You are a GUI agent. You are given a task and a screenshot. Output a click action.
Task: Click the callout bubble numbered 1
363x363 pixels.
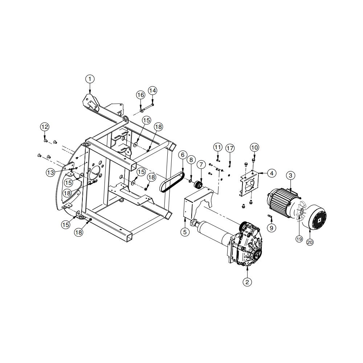coord(90,79)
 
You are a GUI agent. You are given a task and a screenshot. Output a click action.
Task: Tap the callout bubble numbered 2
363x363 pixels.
coord(247,282)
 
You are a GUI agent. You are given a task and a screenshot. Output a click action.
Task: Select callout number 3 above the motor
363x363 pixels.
coord(290,175)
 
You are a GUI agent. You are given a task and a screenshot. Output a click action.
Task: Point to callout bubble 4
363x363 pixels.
coord(272,173)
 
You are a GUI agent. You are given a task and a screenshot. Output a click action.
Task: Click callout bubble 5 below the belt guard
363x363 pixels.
coord(185,232)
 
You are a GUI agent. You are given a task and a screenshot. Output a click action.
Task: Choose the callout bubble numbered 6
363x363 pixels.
coord(183,155)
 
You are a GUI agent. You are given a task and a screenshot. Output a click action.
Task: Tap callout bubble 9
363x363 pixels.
coord(272,228)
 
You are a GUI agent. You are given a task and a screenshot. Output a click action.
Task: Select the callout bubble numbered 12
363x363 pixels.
coord(45,127)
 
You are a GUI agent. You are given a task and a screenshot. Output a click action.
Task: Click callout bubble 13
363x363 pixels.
coord(50,172)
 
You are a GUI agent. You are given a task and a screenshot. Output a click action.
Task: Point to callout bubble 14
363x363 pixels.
coord(152,90)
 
